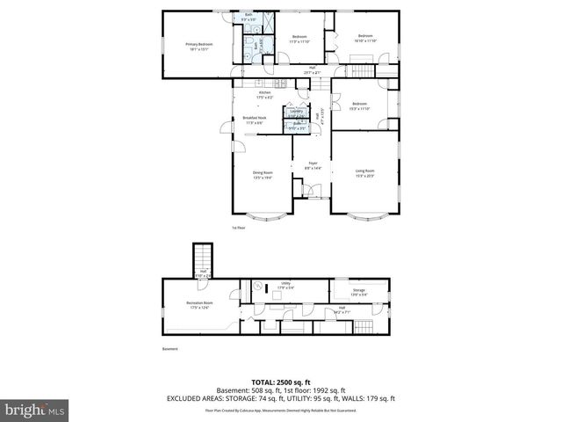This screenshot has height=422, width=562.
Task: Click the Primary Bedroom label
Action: click(198, 47)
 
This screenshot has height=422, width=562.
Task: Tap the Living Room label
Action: click(364, 172)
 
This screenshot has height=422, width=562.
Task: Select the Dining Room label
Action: click(263, 174)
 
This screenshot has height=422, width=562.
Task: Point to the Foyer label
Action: click(313, 164)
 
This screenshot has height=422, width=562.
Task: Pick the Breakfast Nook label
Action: click(254, 120)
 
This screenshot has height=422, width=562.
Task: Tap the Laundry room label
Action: click(296, 113)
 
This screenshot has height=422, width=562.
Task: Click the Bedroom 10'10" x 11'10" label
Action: click(364, 40)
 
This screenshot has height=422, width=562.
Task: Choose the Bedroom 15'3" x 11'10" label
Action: click(360, 106)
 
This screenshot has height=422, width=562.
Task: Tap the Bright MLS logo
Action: click(36, 410)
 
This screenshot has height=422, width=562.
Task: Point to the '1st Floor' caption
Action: click(238, 228)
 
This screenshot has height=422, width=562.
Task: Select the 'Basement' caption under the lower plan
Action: click(169, 349)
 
